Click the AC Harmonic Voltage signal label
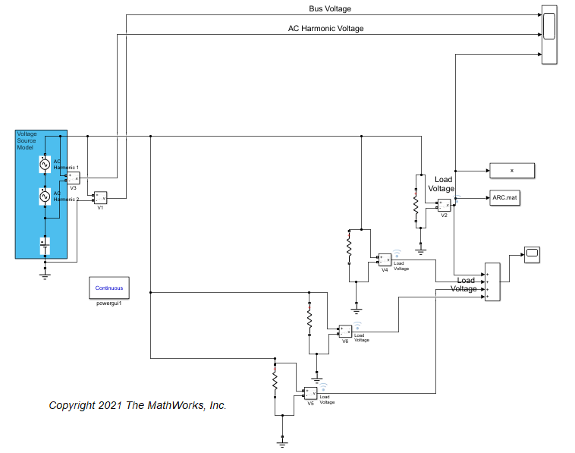pos(325,29)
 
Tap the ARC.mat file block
pos(512,197)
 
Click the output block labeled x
pos(512,171)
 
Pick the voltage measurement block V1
pos(100,197)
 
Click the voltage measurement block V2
pos(444,205)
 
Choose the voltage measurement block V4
pos(385,260)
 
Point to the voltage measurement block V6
pos(344,332)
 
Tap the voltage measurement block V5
pos(309,393)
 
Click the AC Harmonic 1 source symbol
pos(44,164)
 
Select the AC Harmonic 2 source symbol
pos(44,197)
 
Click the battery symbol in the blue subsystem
pos(45,245)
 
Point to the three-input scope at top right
pos(549,34)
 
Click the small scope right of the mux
pos(531,253)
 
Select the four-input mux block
pos(492,282)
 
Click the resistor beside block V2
pos(416,205)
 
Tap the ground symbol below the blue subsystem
pos(45,275)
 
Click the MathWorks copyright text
pos(137,405)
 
